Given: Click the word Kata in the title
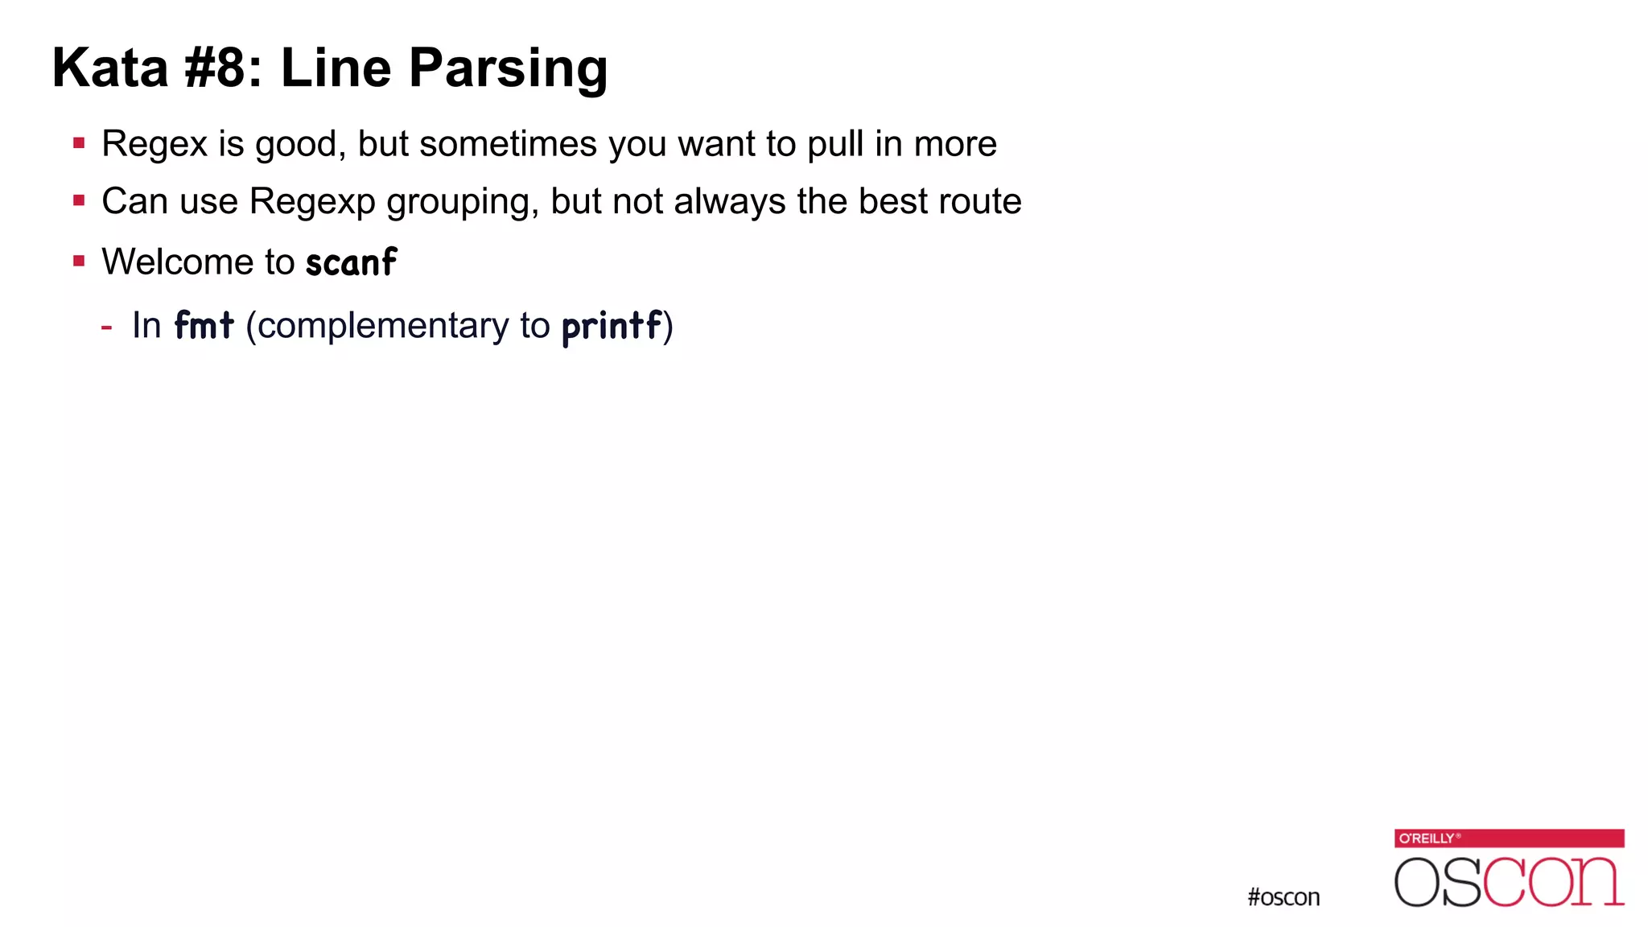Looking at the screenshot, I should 110,68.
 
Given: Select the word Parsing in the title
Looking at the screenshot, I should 508,69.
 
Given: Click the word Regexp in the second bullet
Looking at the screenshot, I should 312,202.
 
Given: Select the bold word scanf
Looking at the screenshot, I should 351,262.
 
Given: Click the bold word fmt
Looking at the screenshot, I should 204,326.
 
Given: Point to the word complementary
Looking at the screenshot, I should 383,327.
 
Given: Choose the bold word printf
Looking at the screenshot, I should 612,327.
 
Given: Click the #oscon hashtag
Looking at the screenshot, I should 1283,897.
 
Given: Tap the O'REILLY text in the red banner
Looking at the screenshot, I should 1428,838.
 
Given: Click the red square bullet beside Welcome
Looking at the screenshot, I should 79,261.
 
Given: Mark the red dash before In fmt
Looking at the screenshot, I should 106,327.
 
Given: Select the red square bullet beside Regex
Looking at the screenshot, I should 79,144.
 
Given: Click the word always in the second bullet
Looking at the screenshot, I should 729,202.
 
